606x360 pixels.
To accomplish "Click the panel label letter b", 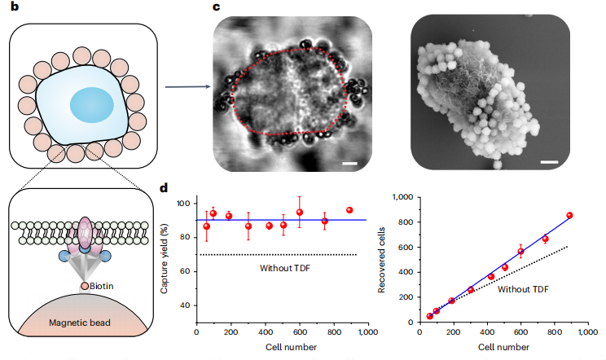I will (x=14, y=7).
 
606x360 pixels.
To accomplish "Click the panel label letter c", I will (x=216, y=7).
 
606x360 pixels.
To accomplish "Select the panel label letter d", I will (x=165, y=188).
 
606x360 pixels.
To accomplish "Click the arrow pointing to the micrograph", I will (x=182, y=85).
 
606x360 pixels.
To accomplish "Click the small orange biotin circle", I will (x=85, y=286).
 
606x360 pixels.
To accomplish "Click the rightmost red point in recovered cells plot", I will (x=569, y=216).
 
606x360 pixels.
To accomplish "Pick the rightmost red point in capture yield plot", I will (x=349, y=210).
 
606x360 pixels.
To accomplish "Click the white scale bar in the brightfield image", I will (x=350, y=165).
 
